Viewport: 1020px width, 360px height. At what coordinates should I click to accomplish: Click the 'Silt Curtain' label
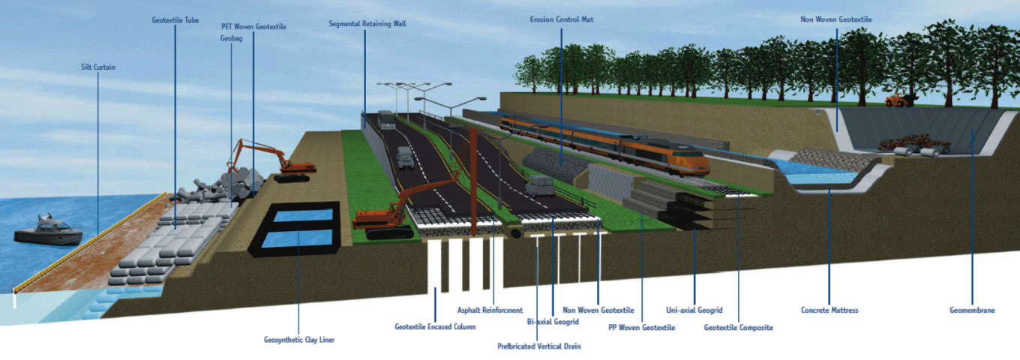(x=98, y=67)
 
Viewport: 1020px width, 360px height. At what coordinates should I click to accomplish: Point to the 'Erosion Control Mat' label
(x=561, y=19)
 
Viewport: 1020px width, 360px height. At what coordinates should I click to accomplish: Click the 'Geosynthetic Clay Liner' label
(x=299, y=340)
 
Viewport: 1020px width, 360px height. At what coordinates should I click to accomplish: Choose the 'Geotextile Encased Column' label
(x=436, y=326)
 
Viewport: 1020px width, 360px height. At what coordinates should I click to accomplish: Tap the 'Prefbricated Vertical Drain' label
(x=538, y=346)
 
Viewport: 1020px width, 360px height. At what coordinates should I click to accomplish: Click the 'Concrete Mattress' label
(x=829, y=310)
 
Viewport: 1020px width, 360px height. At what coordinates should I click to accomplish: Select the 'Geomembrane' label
(x=972, y=310)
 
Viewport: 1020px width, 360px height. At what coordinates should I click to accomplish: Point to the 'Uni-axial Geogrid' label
(x=694, y=310)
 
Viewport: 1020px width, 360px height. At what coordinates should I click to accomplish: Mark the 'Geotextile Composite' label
(x=738, y=327)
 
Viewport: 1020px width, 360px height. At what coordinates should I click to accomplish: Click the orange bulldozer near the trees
(x=898, y=98)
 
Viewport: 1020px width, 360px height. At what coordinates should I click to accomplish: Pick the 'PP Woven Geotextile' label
(x=641, y=327)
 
